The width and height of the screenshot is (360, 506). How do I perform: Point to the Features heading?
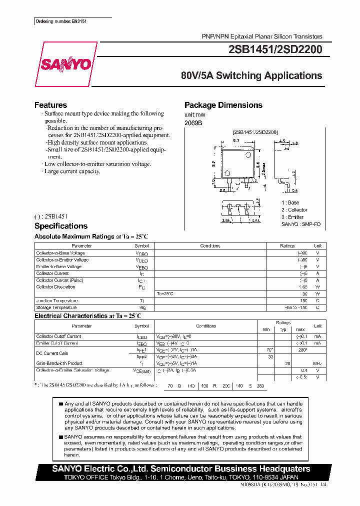50,105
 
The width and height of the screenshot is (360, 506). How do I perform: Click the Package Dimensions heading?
223,105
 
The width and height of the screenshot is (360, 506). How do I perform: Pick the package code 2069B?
193,122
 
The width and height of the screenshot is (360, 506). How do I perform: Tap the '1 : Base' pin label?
290,202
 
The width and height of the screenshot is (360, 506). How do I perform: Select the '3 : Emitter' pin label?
292,217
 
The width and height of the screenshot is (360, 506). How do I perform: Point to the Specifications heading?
60,226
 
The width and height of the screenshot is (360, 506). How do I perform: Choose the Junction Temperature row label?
56,300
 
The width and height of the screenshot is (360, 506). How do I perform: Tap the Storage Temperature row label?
56,307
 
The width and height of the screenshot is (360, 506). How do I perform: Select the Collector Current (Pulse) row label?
59,280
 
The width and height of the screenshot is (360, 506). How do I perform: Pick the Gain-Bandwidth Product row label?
59,363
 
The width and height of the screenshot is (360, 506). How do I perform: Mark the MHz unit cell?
317,363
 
